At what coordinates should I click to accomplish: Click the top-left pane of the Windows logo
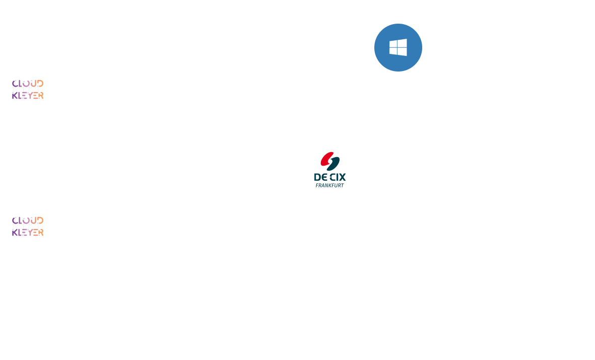click(x=393, y=44)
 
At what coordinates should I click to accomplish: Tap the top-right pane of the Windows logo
click(x=402, y=43)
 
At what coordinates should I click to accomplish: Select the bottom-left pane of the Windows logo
click(x=393, y=51)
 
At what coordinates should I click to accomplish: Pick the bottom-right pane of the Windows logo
click(x=402, y=52)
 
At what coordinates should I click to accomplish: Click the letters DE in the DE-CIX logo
click(x=320, y=177)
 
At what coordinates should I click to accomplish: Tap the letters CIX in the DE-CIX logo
click(x=338, y=177)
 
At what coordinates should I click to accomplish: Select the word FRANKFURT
click(x=330, y=185)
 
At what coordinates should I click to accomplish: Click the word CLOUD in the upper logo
click(x=28, y=84)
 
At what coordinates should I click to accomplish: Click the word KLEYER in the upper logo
click(x=28, y=95)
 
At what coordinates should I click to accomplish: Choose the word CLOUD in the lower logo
click(x=28, y=221)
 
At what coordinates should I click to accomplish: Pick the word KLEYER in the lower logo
click(x=28, y=232)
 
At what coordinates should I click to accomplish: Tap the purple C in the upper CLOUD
click(x=15, y=84)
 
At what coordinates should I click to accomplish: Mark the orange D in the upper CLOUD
click(x=40, y=84)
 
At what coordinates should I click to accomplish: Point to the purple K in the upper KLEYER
click(x=15, y=95)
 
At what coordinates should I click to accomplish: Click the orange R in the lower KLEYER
click(x=41, y=232)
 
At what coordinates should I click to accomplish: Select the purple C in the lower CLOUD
click(x=15, y=221)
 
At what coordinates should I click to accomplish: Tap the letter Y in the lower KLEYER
click(x=30, y=232)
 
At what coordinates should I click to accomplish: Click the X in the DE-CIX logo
click(x=342, y=177)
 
